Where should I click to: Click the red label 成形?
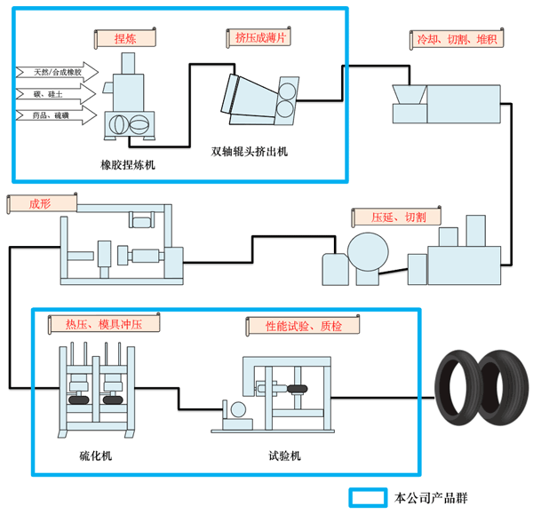coord(42,203)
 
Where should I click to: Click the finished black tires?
coord(481,387)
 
